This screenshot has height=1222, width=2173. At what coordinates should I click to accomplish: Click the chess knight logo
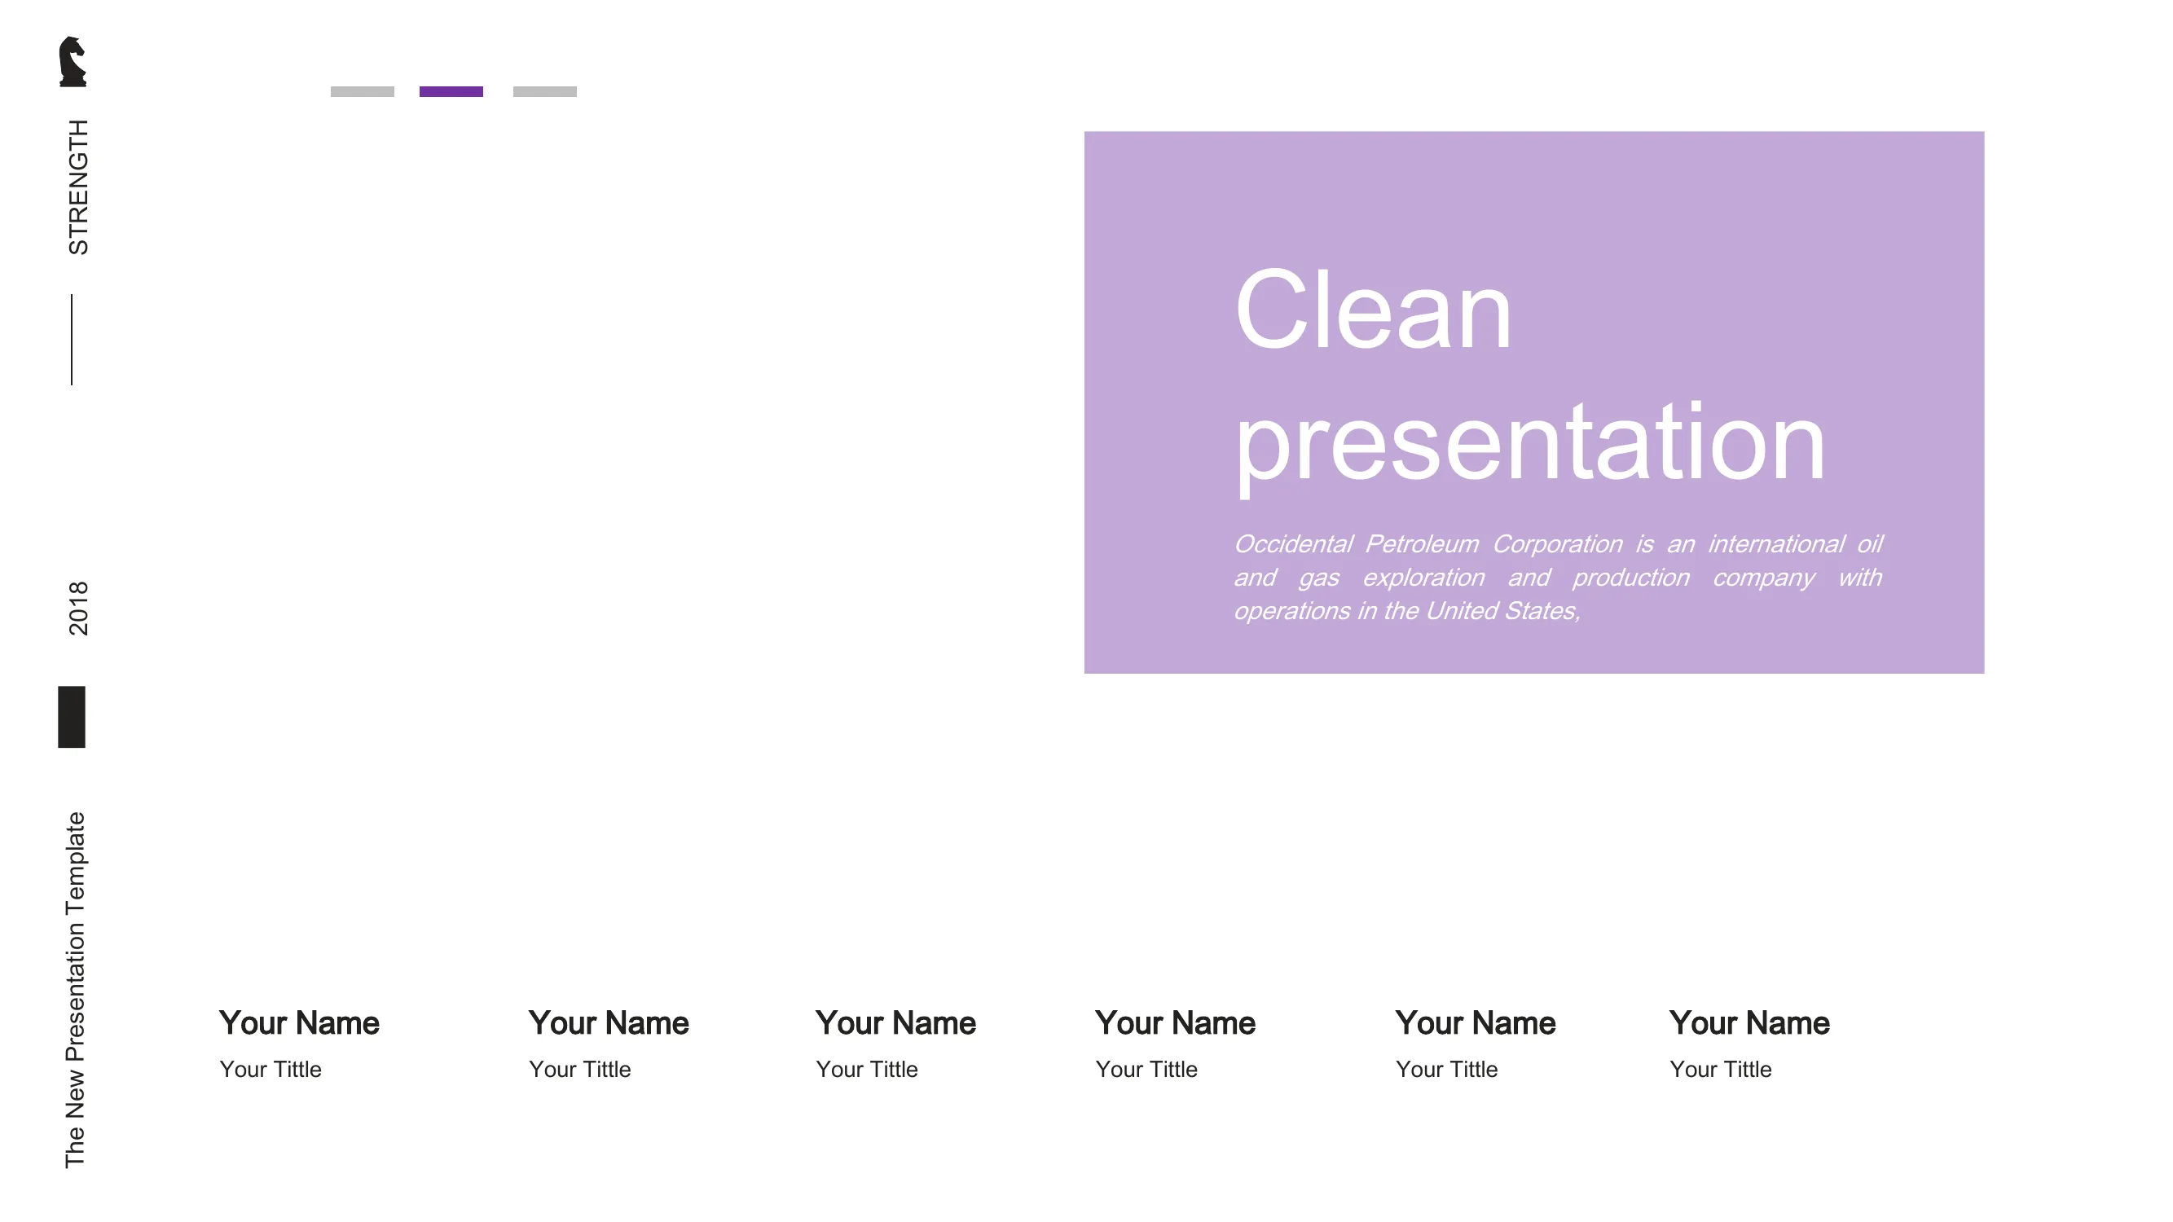click(73, 62)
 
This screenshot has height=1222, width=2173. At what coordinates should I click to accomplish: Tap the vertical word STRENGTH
click(77, 187)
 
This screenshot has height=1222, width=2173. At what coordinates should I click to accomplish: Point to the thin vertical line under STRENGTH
click(72, 340)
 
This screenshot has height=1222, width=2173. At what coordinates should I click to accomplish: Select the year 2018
click(77, 608)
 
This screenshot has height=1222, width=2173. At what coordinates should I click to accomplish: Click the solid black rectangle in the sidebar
click(72, 717)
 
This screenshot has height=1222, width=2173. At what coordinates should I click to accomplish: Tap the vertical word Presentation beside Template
click(75, 992)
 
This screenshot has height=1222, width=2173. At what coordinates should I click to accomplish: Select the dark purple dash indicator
click(451, 92)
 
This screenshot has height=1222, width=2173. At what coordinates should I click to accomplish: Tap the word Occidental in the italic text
click(1293, 544)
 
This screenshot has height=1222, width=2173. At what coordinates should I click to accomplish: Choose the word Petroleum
click(1423, 545)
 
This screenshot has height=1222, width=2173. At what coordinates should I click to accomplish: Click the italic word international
click(1776, 544)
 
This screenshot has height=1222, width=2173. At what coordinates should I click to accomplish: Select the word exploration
click(1424, 578)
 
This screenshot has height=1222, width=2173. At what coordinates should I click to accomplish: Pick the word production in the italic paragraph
click(1631, 578)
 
